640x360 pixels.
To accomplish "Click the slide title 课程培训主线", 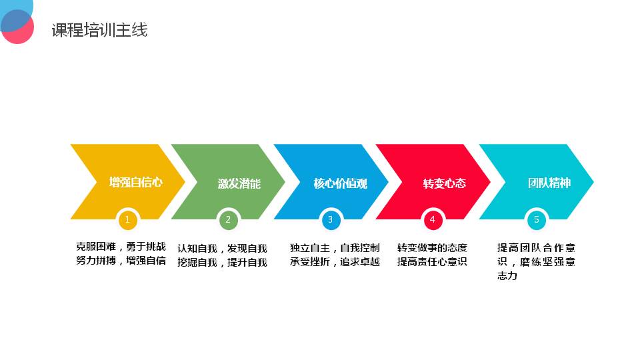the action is pyautogui.click(x=99, y=30).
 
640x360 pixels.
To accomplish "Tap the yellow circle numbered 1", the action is pyautogui.click(x=127, y=220).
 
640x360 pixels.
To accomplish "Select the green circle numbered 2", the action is pyautogui.click(x=228, y=220).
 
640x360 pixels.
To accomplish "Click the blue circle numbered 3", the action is pyautogui.click(x=331, y=220).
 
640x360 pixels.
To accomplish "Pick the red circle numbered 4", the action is pyautogui.click(x=433, y=220).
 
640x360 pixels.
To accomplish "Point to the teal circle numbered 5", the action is pyautogui.click(x=536, y=220).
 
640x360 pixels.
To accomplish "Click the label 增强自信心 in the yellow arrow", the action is pyautogui.click(x=136, y=182).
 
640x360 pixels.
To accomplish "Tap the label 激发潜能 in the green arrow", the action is pyautogui.click(x=239, y=184).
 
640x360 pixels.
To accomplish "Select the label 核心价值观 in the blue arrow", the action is pyautogui.click(x=341, y=184).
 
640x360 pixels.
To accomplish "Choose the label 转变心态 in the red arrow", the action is pyautogui.click(x=445, y=184).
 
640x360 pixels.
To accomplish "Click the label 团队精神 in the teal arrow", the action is pyautogui.click(x=549, y=183).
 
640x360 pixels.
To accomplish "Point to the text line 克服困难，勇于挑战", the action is pyautogui.click(x=121, y=247).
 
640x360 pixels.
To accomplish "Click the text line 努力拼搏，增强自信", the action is pyautogui.click(x=121, y=261).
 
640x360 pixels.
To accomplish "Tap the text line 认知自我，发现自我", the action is pyautogui.click(x=222, y=249).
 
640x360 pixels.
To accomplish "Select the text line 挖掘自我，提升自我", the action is pyautogui.click(x=222, y=263).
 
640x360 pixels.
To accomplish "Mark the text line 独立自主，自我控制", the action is pyautogui.click(x=335, y=248).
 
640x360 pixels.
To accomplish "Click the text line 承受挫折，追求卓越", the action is pyautogui.click(x=335, y=261).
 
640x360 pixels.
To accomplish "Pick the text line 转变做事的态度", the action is pyautogui.click(x=432, y=248).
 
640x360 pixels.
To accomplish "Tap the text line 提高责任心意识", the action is pyautogui.click(x=432, y=261).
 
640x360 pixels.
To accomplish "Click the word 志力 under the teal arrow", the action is pyautogui.click(x=507, y=276).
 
